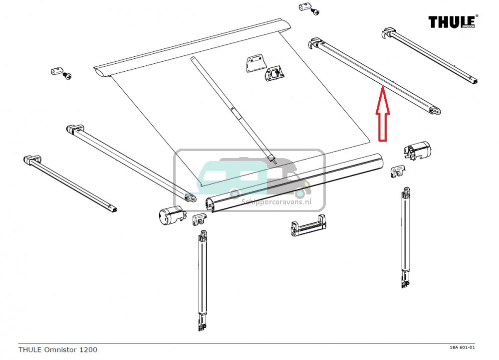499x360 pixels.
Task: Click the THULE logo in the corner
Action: click(452, 22)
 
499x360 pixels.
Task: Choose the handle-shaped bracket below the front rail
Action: click(305, 226)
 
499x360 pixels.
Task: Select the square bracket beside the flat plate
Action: click(274, 74)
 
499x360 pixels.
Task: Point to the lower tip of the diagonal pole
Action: click(272, 159)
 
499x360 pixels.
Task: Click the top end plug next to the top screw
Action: click(304, 7)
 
